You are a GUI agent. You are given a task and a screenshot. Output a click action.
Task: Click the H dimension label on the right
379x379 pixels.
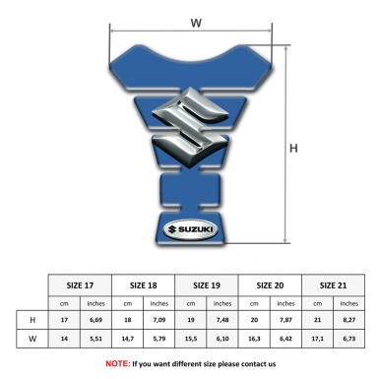click(x=292, y=149)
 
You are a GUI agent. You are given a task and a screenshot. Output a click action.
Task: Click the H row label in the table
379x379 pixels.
click(x=32, y=320)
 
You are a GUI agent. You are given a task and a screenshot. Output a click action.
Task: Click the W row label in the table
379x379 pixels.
click(x=32, y=339)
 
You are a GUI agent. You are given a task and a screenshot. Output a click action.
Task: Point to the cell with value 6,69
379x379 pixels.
click(x=95, y=320)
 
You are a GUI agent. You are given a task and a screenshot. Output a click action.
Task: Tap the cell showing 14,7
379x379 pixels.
click(x=127, y=339)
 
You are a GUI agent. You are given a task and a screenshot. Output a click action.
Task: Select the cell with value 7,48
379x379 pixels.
click(x=222, y=320)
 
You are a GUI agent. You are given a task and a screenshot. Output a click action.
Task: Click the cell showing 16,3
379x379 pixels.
click(x=254, y=339)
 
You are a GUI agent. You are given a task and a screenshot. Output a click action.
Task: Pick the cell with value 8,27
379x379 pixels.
click(x=348, y=320)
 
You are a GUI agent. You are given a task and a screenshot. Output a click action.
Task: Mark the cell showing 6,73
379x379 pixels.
click(x=348, y=339)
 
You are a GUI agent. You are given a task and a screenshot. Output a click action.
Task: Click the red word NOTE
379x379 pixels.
click(x=117, y=363)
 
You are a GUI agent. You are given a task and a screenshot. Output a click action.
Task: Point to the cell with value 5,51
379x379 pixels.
click(x=95, y=339)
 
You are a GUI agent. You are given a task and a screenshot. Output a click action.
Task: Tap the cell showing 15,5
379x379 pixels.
click(x=191, y=339)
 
